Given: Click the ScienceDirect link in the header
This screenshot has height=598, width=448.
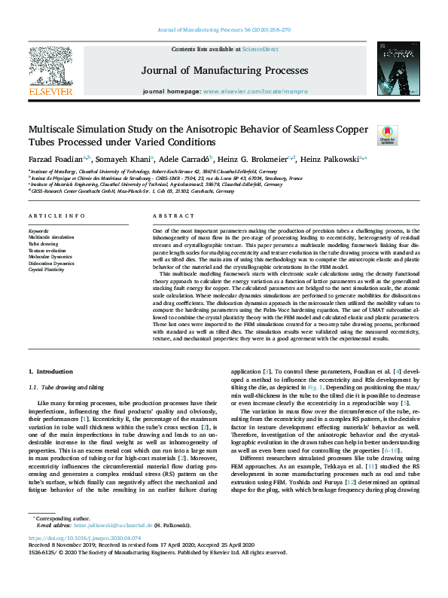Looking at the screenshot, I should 261,49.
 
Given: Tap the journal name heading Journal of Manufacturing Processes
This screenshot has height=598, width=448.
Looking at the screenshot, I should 224,71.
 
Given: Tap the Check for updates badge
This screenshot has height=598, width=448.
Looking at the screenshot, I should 387,136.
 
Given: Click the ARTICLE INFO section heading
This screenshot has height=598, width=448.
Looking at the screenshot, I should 54,215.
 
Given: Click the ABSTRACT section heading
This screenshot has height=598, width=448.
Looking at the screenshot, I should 168,215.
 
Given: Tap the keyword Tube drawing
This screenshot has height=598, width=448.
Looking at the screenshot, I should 42,243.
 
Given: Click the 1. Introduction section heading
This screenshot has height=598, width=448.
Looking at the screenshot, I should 50,372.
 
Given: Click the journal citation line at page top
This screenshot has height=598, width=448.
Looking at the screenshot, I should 224,29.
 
